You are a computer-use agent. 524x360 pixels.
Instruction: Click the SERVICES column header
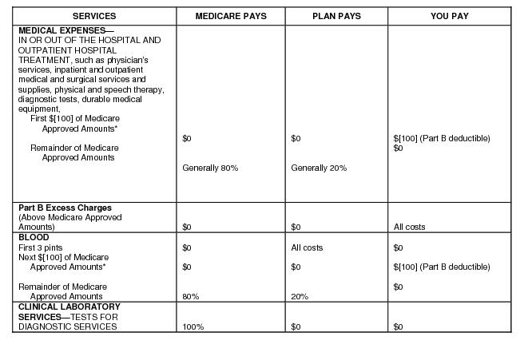[93, 16]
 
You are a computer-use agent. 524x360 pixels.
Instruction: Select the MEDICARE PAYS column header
[230, 16]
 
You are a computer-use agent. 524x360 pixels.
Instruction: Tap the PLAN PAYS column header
[336, 16]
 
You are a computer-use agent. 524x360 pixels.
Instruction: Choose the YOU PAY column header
[450, 16]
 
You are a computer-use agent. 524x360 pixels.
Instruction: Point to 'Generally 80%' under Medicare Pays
[210, 168]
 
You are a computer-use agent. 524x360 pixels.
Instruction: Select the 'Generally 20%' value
[319, 168]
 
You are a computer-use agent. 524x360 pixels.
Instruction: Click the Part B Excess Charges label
[65, 208]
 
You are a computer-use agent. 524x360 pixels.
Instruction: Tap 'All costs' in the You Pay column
[409, 227]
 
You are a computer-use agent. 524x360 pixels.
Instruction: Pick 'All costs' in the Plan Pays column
[307, 247]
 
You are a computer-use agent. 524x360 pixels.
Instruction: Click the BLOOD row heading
[34, 238]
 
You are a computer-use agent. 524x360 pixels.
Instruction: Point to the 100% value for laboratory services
[193, 327]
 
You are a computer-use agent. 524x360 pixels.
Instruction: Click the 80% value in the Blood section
[190, 297]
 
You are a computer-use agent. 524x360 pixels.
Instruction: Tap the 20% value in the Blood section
[300, 297]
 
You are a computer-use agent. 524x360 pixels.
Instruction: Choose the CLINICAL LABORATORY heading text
[69, 307]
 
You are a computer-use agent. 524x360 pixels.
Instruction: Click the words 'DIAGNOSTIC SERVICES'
[67, 326]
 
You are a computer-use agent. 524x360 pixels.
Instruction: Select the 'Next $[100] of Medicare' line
[63, 257]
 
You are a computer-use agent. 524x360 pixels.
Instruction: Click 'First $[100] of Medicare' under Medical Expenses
[73, 119]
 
